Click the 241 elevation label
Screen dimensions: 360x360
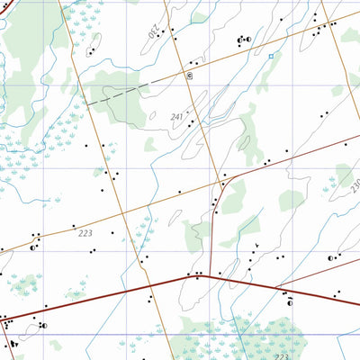point(176,116)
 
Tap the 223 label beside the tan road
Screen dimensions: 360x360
point(85,233)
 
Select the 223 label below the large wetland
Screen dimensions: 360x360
point(282,356)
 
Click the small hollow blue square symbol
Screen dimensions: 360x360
point(270,56)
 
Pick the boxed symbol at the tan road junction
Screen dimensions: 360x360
point(189,76)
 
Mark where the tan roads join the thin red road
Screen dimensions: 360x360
point(224,185)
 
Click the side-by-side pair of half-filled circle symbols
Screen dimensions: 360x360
point(243,40)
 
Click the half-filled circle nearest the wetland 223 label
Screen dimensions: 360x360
point(291,303)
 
